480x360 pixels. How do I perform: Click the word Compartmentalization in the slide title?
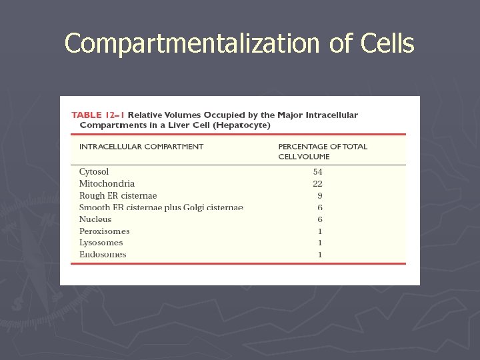coord(193,44)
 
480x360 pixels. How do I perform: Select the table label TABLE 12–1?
coord(97,115)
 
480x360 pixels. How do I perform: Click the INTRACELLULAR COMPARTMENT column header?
coord(141,147)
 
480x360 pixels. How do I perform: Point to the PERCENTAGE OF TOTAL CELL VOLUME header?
coord(323,151)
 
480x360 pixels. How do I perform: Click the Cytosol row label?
coord(94,172)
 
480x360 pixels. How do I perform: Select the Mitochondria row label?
coord(107,184)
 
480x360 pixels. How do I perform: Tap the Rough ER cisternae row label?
coord(118,196)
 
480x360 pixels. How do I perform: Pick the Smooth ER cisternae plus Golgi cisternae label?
coord(161,208)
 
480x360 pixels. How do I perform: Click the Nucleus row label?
coord(95,219)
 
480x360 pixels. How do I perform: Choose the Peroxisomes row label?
coord(104,231)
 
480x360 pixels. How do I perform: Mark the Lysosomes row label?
coord(101,243)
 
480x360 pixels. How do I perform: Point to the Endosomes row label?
coord(103,255)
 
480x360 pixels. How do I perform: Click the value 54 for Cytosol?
coord(318,172)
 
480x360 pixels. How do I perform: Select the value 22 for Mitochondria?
coord(318,184)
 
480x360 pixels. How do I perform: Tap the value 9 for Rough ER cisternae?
coord(320,196)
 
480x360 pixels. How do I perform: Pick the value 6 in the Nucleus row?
coord(320,219)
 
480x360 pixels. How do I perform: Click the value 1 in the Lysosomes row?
coord(320,243)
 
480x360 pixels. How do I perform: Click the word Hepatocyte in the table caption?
coord(246,125)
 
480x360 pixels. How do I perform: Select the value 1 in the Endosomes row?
coord(320,255)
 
